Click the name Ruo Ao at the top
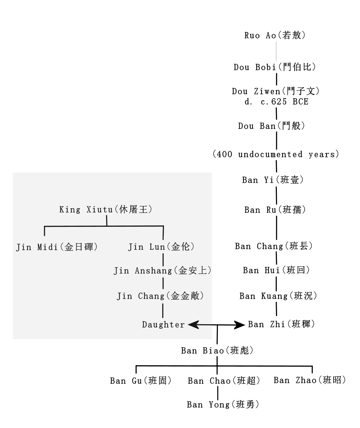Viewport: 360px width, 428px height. (275, 35)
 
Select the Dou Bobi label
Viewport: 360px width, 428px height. (275, 67)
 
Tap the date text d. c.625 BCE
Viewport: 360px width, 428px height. (276, 102)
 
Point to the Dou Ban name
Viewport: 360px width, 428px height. (272, 126)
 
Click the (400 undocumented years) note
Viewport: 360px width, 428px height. (276, 155)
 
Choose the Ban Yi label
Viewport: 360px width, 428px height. (273, 180)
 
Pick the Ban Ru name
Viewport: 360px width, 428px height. (275, 210)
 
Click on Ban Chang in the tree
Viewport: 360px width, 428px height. (274, 246)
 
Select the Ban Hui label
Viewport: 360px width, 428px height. (276, 270)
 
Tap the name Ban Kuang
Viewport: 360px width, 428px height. (278, 296)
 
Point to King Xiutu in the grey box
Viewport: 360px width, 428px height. (106, 210)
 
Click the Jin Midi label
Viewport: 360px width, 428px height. (57, 247)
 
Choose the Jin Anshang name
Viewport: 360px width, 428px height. (163, 271)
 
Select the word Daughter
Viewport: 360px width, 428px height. (164, 325)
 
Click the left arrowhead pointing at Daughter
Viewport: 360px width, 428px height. (192, 325)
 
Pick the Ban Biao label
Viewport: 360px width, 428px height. (217, 351)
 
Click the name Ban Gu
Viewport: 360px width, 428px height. (141, 381)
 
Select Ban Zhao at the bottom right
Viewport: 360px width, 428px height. (310, 380)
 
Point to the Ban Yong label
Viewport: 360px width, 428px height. (223, 405)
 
